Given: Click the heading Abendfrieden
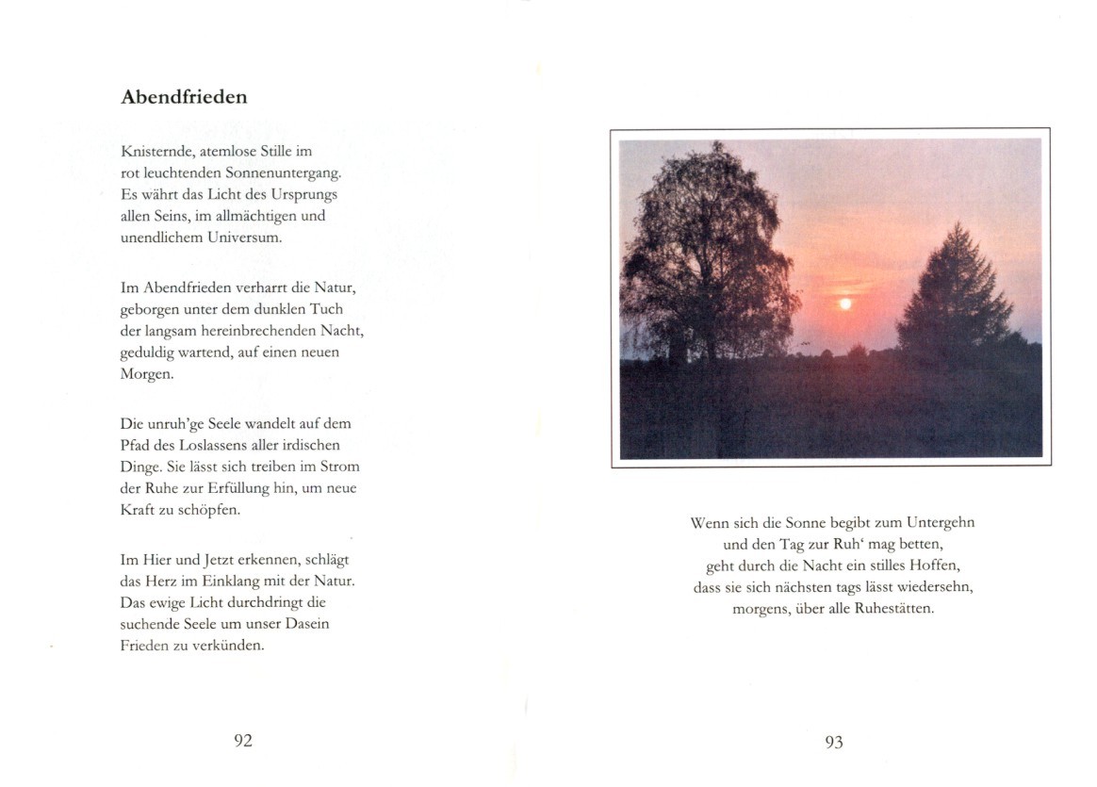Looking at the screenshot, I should [x=184, y=97].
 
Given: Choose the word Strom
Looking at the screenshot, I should [x=341, y=467].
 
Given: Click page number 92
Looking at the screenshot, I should [x=243, y=741].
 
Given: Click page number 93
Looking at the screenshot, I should [x=834, y=743].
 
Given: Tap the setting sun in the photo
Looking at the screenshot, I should [x=845, y=303].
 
